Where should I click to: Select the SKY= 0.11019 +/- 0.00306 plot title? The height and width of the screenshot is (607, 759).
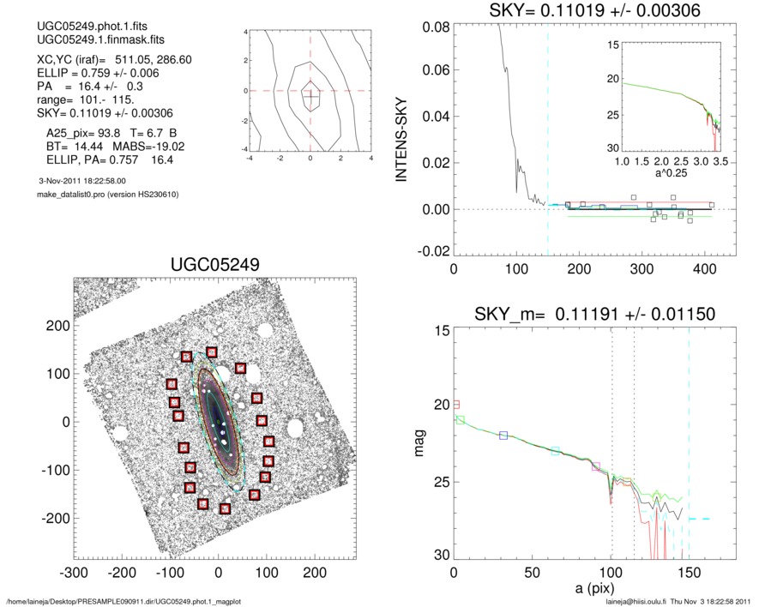pyautogui.click(x=583, y=11)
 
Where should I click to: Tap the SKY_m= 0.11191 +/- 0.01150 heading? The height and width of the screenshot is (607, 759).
pyautogui.click(x=582, y=314)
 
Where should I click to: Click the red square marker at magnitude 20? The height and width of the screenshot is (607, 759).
pyautogui.click(x=456, y=404)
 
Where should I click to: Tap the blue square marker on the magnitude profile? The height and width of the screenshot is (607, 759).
pyautogui.click(x=503, y=436)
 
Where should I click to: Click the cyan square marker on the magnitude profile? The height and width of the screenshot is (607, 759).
pyautogui.click(x=556, y=451)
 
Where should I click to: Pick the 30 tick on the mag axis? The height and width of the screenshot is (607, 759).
pyautogui.click(x=438, y=556)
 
